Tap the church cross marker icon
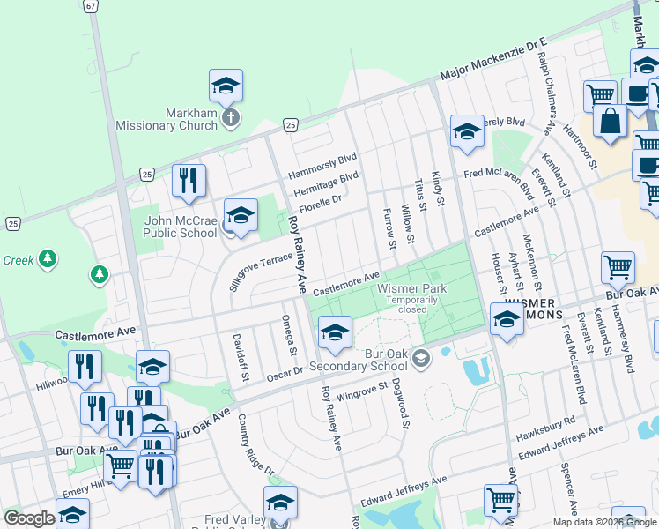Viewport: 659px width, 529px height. coord(230,118)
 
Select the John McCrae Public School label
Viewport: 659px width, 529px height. coord(180,227)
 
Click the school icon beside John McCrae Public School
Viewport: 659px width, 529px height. coord(241,215)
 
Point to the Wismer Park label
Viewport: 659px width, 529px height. coord(411,288)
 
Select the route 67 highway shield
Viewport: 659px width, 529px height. coord(92,5)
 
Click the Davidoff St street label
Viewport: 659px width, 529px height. coord(238,357)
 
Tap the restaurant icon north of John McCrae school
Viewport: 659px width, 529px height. coord(189,181)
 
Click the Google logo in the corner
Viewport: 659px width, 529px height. coord(29,518)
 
